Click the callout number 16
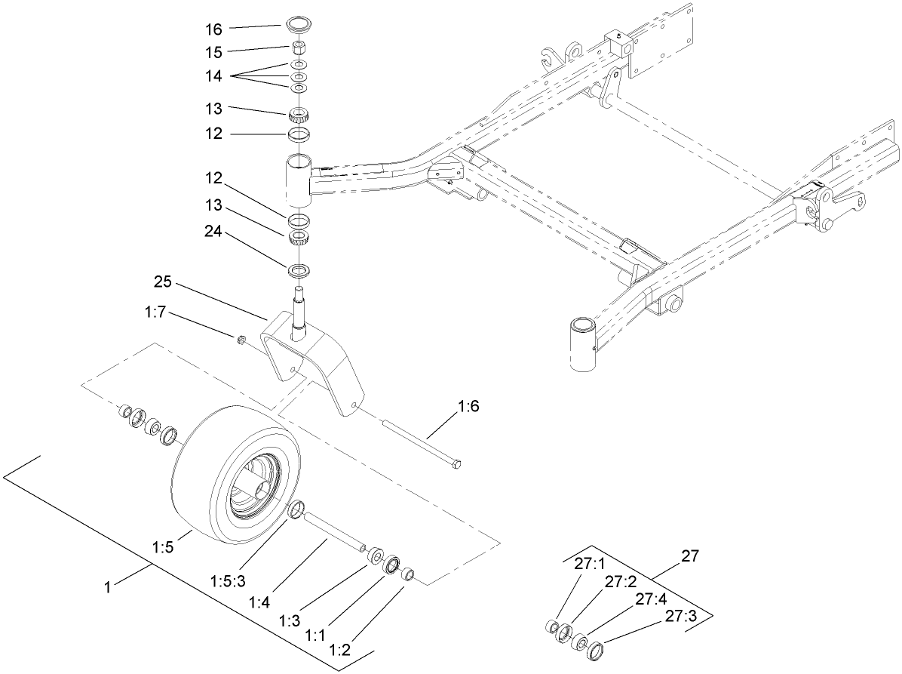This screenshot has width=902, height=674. (213, 29)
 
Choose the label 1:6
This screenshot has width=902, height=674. (468, 407)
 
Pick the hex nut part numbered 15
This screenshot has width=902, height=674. (299, 48)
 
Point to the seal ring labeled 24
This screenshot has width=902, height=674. (299, 269)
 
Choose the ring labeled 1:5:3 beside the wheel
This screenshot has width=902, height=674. (296, 511)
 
